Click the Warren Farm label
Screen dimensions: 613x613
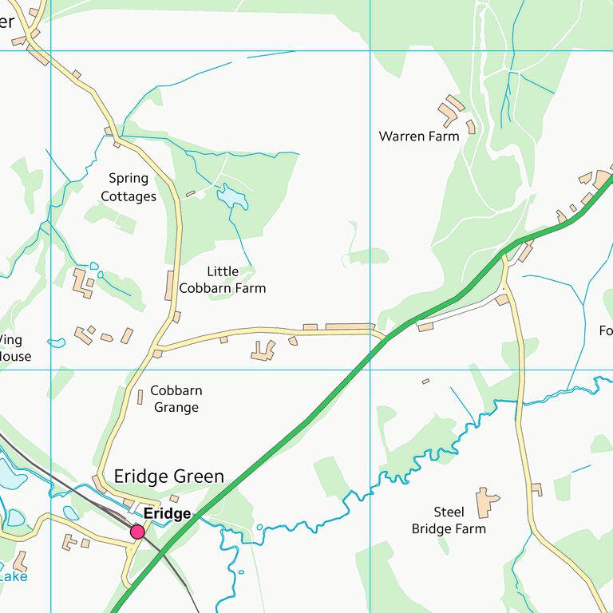point(418,136)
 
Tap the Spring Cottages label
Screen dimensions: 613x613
point(129,188)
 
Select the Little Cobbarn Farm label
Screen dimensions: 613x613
point(222,280)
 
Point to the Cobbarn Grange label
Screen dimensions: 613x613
point(176,399)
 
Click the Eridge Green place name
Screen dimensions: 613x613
point(168,477)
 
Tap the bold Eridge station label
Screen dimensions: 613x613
point(167,513)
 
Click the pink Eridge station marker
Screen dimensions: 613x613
point(137,532)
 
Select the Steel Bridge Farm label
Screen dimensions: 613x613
point(448,520)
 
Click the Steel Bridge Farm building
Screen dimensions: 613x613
point(485,502)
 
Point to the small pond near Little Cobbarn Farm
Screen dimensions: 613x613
point(231,196)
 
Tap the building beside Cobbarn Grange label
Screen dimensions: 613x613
point(140,397)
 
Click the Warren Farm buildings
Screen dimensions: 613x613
point(451,112)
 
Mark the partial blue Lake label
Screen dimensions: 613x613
point(13,575)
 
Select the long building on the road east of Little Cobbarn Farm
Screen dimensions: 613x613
point(350,326)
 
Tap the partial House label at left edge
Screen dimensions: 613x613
point(14,356)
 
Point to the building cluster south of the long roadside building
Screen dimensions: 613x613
point(263,350)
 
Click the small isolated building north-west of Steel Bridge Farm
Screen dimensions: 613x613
point(425,382)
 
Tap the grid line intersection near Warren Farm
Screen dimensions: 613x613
point(370,51)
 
